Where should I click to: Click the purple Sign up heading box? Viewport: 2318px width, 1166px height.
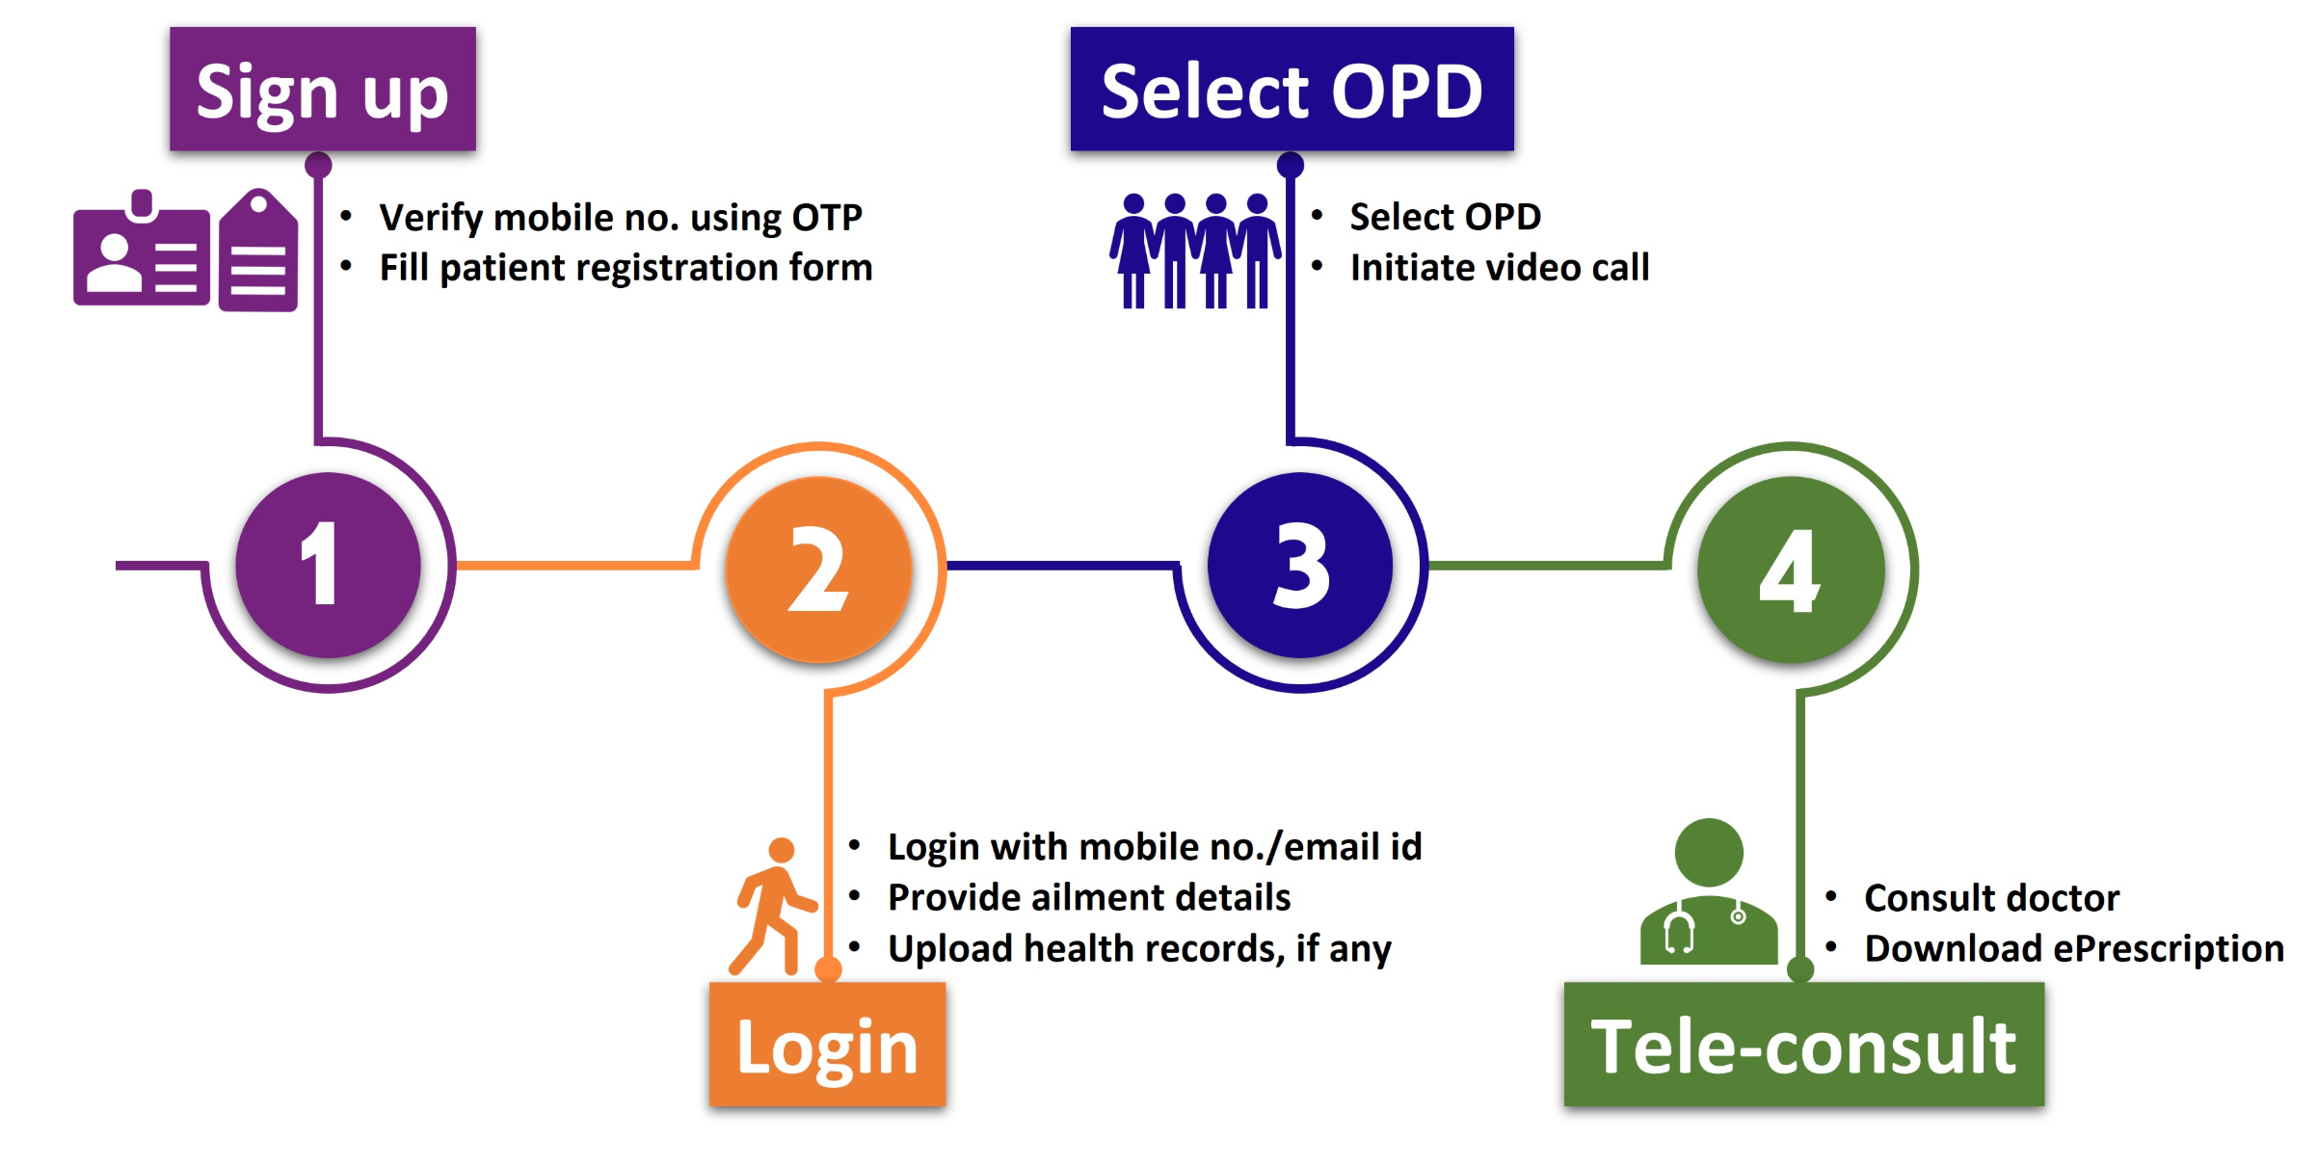click(323, 90)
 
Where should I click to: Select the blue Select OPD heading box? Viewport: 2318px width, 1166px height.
click(1292, 90)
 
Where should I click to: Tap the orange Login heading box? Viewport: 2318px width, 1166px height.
click(827, 1045)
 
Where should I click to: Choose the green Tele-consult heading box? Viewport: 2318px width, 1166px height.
click(1803, 1045)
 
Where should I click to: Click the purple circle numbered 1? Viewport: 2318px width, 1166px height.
click(328, 566)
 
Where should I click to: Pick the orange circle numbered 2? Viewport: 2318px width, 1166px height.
click(818, 570)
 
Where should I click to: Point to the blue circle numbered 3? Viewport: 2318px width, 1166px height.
click(1299, 566)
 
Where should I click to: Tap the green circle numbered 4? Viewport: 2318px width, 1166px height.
click(1790, 570)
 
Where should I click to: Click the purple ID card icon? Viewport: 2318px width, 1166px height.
click(141, 252)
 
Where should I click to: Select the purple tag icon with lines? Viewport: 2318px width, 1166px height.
click(258, 253)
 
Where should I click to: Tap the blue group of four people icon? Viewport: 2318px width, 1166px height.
click(1195, 252)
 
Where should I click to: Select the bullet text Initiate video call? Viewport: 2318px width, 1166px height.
click(1499, 268)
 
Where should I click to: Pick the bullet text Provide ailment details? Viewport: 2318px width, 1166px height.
click(1088, 898)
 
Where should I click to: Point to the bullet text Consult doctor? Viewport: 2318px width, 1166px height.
click(1991, 898)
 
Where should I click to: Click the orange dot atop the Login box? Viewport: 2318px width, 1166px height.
click(828, 969)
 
